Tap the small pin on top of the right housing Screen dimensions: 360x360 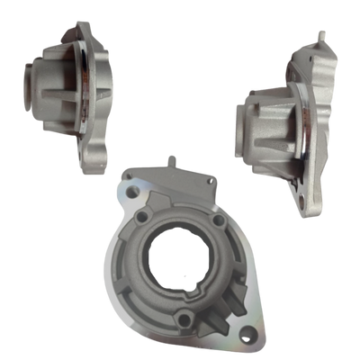click(319, 35)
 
